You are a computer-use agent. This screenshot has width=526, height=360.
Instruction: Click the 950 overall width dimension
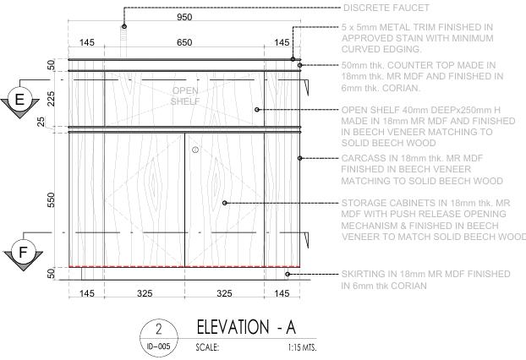[x=184, y=17]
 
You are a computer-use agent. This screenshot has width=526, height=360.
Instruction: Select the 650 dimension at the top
[x=184, y=42]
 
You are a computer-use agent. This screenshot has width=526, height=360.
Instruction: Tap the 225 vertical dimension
[x=51, y=100]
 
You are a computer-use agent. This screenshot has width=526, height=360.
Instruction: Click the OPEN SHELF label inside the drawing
[x=185, y=95]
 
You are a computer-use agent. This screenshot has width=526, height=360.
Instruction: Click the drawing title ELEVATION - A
[x=246, y=326]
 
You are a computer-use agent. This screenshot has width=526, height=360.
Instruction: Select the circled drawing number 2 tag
[x=158, y=328]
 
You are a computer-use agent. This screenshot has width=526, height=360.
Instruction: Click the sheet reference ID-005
[x=158, y=346]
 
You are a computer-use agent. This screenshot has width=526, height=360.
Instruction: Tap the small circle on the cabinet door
[x=195, y=150]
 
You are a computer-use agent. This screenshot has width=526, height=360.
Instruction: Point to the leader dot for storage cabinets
[x=224, y=203]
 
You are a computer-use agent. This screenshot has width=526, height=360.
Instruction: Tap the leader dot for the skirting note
[x=288, y=274]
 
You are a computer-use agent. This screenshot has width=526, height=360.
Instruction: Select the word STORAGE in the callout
[x=365, y=203]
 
